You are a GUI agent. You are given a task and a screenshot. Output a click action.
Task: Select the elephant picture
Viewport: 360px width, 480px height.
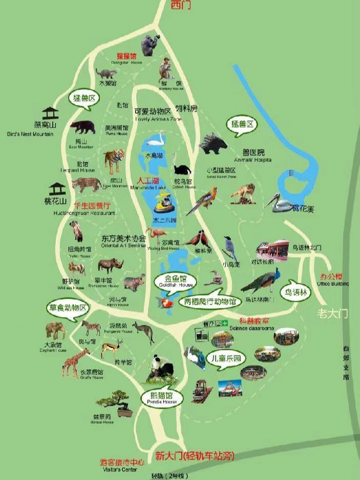(x=55, y=331)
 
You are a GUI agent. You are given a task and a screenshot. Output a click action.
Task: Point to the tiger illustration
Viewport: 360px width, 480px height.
(x=114, y=161)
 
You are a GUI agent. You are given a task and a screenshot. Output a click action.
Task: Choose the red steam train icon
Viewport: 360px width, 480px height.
(x=202, y=391)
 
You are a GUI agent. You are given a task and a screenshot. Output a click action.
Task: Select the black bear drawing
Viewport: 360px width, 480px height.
(x=83, y=127)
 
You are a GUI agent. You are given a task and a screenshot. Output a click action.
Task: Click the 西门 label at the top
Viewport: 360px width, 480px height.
(x=180, y=5)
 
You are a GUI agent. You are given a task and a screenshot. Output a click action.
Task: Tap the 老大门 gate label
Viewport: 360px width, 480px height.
(x=333, y=313)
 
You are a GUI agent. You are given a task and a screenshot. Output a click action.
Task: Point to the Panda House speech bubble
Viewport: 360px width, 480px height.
(x=162, y=398)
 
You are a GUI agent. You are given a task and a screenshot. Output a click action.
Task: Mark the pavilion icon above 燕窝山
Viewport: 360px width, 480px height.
(x=50, y=113)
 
